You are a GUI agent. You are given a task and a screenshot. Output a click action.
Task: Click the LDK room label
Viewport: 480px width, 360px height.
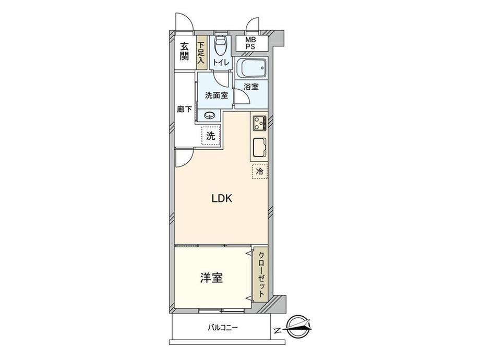point(218,199)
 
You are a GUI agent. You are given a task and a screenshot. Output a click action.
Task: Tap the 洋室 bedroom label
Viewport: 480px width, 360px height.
point(211,278)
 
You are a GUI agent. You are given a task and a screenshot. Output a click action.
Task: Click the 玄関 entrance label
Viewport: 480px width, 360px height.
point(184,51)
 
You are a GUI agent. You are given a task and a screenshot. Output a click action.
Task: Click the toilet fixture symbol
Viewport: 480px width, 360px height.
point(221,46)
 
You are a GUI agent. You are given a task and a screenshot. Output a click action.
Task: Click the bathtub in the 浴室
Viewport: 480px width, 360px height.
point(251,68)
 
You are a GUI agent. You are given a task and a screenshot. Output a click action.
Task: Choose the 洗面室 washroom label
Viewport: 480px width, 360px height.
point(215,95)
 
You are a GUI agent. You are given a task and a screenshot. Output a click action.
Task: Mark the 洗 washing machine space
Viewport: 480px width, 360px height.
point(211,136)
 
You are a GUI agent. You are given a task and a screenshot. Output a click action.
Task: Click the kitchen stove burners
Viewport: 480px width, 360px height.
point(259,124)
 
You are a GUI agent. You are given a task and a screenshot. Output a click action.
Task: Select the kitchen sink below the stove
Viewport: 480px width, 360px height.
point(259,149)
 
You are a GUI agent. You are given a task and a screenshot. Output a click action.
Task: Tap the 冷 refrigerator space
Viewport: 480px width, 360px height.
point(259,171)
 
